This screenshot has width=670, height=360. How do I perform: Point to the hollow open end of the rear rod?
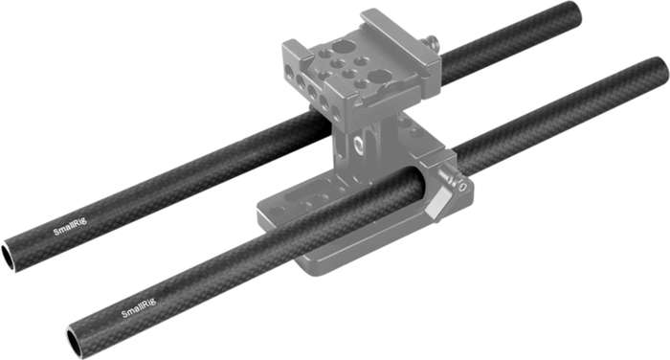(8, 257)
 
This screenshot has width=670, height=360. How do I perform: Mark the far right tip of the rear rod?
(576, 12)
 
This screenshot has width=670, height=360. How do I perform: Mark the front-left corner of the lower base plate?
(264, 207)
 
